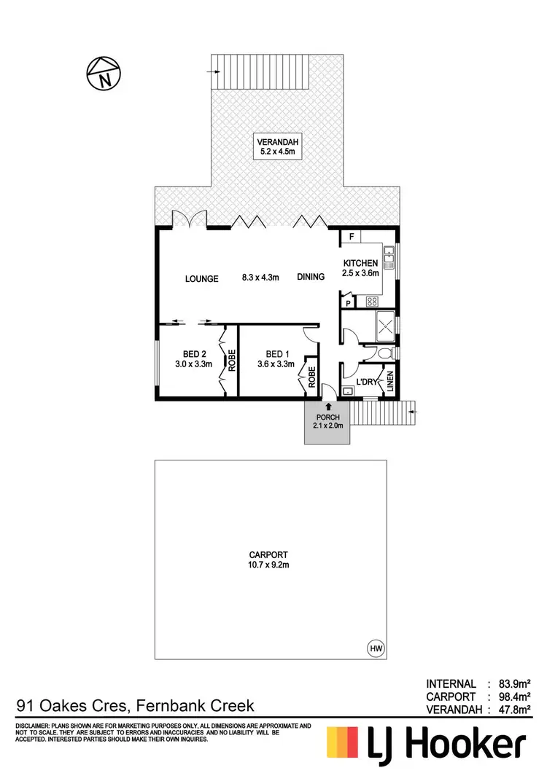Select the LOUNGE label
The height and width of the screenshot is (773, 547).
202,278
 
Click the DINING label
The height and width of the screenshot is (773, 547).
314,278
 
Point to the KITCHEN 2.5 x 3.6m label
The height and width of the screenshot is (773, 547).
361,268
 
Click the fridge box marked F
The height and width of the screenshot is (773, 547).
351,238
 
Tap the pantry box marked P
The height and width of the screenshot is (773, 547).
349,302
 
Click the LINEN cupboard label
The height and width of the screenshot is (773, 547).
390,382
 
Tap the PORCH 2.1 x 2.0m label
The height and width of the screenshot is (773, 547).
327,421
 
